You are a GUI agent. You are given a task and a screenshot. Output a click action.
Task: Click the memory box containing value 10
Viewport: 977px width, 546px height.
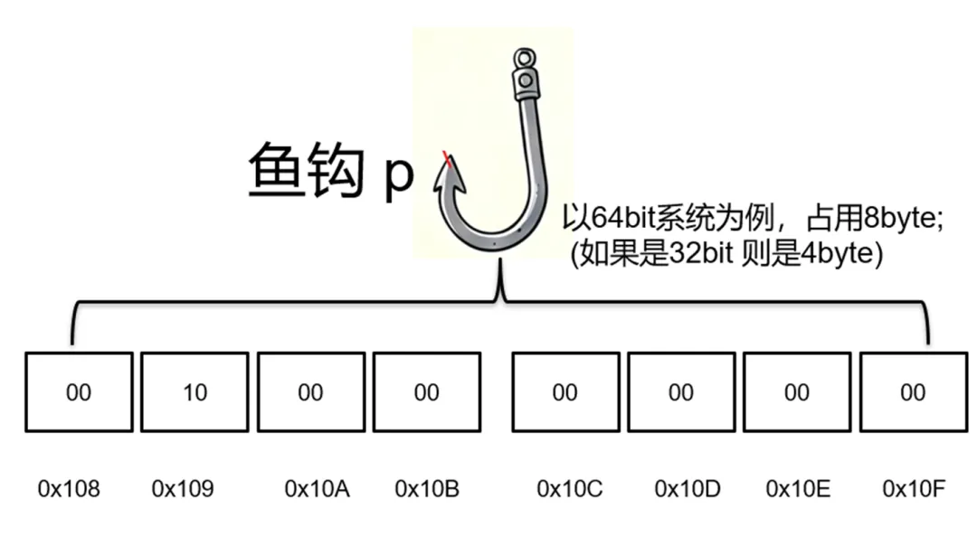194,392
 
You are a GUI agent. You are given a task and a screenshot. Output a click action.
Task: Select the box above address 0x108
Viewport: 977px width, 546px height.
79,392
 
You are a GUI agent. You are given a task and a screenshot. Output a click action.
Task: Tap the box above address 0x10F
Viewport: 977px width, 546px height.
914,392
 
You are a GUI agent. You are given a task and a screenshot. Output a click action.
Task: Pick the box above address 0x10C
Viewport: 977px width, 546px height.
565,392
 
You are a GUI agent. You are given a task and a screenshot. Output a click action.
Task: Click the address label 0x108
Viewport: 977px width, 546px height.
69,489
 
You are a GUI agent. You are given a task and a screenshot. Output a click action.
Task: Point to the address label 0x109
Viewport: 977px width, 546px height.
183,489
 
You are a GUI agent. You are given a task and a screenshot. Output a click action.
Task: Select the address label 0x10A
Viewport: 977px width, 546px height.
318,489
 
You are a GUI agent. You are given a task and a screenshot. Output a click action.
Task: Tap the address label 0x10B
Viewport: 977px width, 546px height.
427,489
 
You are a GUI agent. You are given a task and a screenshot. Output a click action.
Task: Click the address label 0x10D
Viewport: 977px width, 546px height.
688,489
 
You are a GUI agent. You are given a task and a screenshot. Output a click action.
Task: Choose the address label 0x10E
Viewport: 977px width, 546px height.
798,489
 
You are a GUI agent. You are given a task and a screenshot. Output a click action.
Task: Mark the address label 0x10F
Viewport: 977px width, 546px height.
914,489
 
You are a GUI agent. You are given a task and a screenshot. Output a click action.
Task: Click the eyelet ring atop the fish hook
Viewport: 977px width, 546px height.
525,59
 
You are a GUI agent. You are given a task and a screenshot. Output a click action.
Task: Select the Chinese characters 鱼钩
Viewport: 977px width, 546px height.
306,170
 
